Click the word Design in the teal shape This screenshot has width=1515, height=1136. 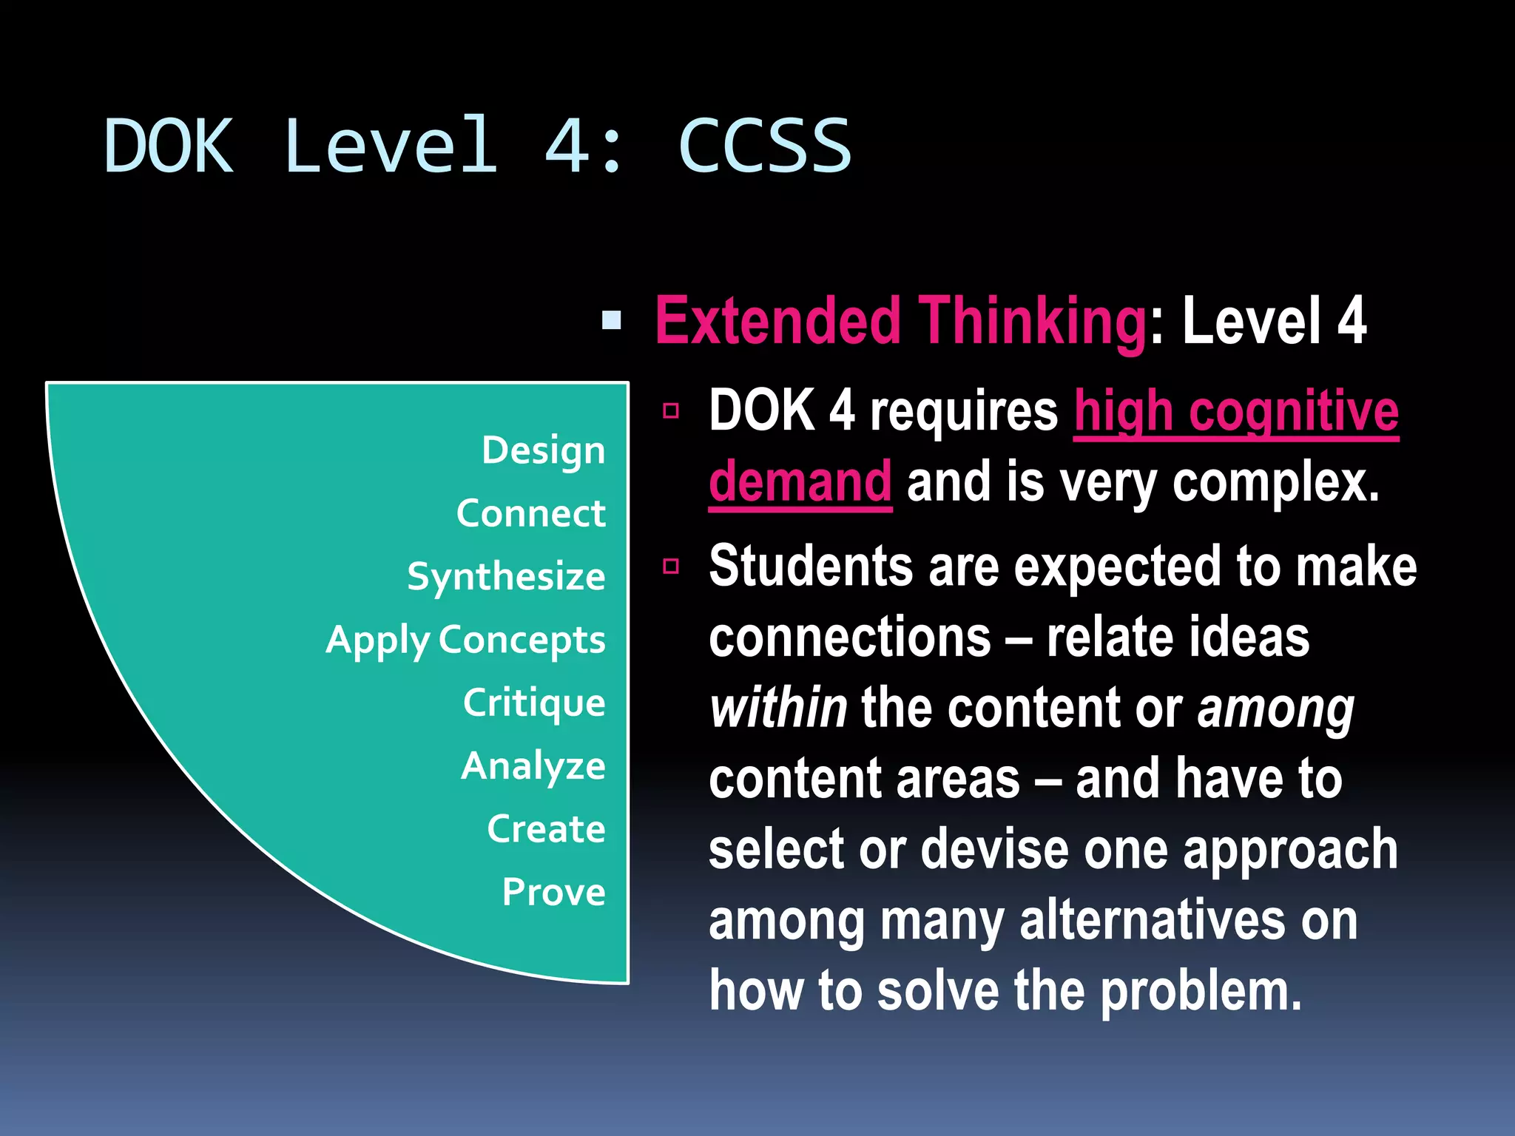coord(543,450)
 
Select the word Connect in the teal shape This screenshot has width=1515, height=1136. coord(530,513)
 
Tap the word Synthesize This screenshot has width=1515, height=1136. coord(506,576)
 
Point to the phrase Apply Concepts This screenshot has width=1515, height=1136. coord(465,640)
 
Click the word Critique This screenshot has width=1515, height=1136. coord(534,703)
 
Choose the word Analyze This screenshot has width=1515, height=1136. coord(533,765)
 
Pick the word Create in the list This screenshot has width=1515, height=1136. coord(546,828)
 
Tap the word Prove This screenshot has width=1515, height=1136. coord(553,892)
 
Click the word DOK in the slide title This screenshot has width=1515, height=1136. coord(169,146)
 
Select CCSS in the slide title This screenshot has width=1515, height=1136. coord(765,146)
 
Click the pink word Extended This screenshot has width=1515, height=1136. coord(777,321)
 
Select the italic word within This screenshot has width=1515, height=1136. coord(778,708)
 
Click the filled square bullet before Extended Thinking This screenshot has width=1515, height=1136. coord(612,320)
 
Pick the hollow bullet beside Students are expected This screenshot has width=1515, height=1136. coord(671,567)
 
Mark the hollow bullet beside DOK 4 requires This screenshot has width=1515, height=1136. coord(671,410)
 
